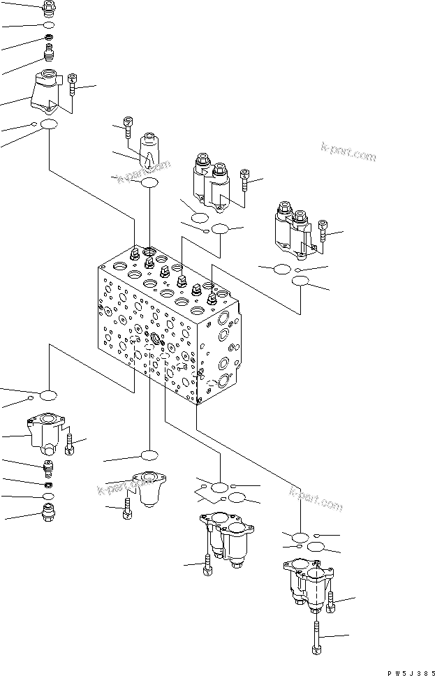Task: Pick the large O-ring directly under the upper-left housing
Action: point(49,124)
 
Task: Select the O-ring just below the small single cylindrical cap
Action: point(149,183)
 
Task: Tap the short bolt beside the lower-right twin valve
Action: point(330,600)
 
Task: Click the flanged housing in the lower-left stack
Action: point(45,433)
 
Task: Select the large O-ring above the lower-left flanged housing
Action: point(47,396)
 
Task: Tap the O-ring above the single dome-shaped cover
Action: point(149,455)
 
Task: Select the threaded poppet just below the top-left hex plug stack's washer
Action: point(49,53)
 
